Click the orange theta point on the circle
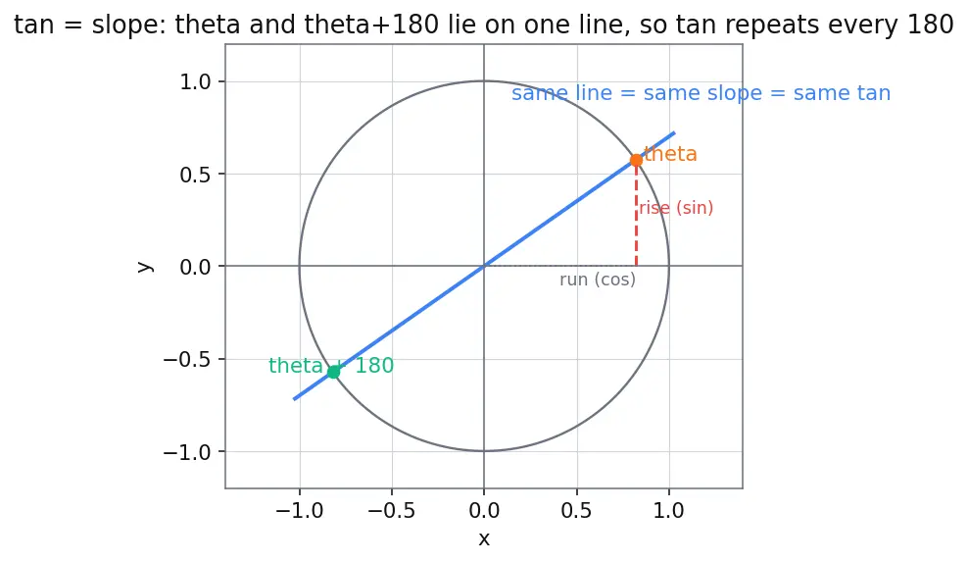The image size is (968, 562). (636, 160)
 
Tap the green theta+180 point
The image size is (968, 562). (333, 372)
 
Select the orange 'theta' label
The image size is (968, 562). (670, 154)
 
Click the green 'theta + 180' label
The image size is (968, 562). (331, 366)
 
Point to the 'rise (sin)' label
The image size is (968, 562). (676, 208)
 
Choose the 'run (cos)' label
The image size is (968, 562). (598, 280)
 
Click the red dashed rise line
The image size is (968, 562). (636, 213)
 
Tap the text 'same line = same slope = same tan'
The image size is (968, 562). (702, 93)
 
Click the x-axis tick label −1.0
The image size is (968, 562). (300, 511)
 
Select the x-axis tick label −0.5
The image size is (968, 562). (391, 511)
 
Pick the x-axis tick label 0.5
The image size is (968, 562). (577, 511)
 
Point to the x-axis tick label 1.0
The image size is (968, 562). (669, 511)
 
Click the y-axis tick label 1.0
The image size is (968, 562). (195, 81)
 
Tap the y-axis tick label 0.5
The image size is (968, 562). (195, 175)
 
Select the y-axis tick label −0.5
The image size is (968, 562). (186, 359)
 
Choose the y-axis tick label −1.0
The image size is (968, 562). (186, 452)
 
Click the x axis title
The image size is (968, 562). (484, 539)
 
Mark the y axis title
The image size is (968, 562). (144, 267)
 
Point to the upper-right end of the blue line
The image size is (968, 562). (674, 132)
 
